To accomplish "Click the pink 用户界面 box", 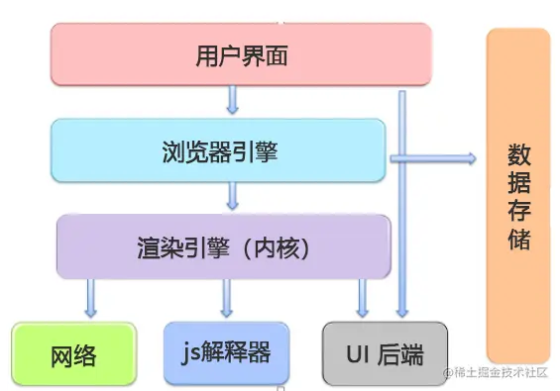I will [241, 55].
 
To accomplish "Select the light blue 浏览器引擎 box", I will [218, 150].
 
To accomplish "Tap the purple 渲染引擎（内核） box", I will [223, 244].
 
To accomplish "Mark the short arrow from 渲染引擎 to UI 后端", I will [363, 295].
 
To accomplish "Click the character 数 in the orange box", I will [518, 156].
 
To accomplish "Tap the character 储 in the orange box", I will [518, 240].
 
